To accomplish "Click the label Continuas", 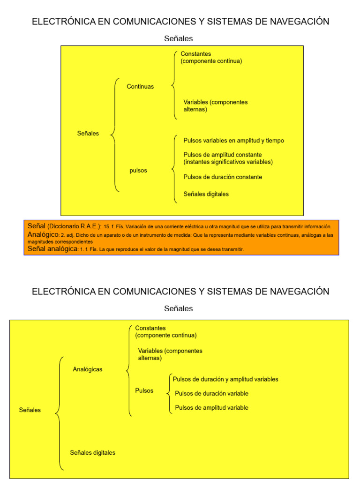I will point(140,87).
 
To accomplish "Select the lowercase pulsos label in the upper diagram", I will point(138,171).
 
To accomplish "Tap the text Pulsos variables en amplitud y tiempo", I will point(233,141).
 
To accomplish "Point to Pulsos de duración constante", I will point(223,177).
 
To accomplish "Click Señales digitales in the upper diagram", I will point(206,194).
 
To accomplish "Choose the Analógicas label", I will point(88,369).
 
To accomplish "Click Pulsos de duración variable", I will point(211,394).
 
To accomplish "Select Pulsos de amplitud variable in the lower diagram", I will point(211,408).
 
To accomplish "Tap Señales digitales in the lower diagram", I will point(93,453).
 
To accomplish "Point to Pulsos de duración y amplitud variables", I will point(225,379).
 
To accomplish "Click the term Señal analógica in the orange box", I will point(52,249).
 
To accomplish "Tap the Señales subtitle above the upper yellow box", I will point(179,39).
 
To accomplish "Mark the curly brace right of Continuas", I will point(174,85).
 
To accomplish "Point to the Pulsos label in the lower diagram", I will point(144,390).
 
